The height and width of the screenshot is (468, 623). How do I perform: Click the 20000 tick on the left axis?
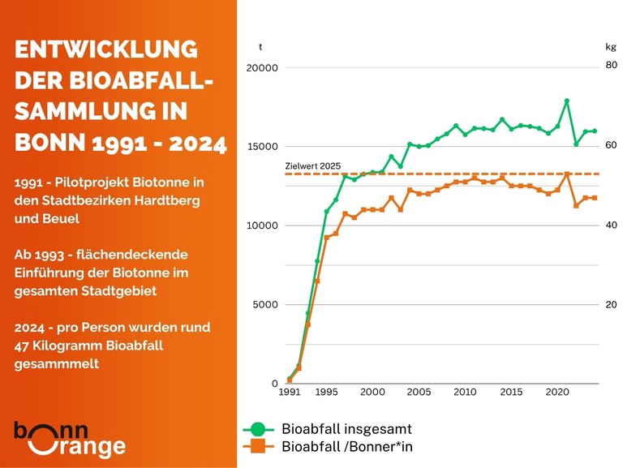pos(261,69)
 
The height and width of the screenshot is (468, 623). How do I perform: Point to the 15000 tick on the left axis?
pos(261,148)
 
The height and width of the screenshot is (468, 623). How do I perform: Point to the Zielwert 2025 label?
pos(313,165)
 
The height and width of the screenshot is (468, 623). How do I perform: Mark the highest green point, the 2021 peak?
pos(567,101)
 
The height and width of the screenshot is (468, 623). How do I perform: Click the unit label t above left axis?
pos(260,46)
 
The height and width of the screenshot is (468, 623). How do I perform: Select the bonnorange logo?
pos(70,439)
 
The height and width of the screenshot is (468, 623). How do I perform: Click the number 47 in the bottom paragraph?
pos(24,346)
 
